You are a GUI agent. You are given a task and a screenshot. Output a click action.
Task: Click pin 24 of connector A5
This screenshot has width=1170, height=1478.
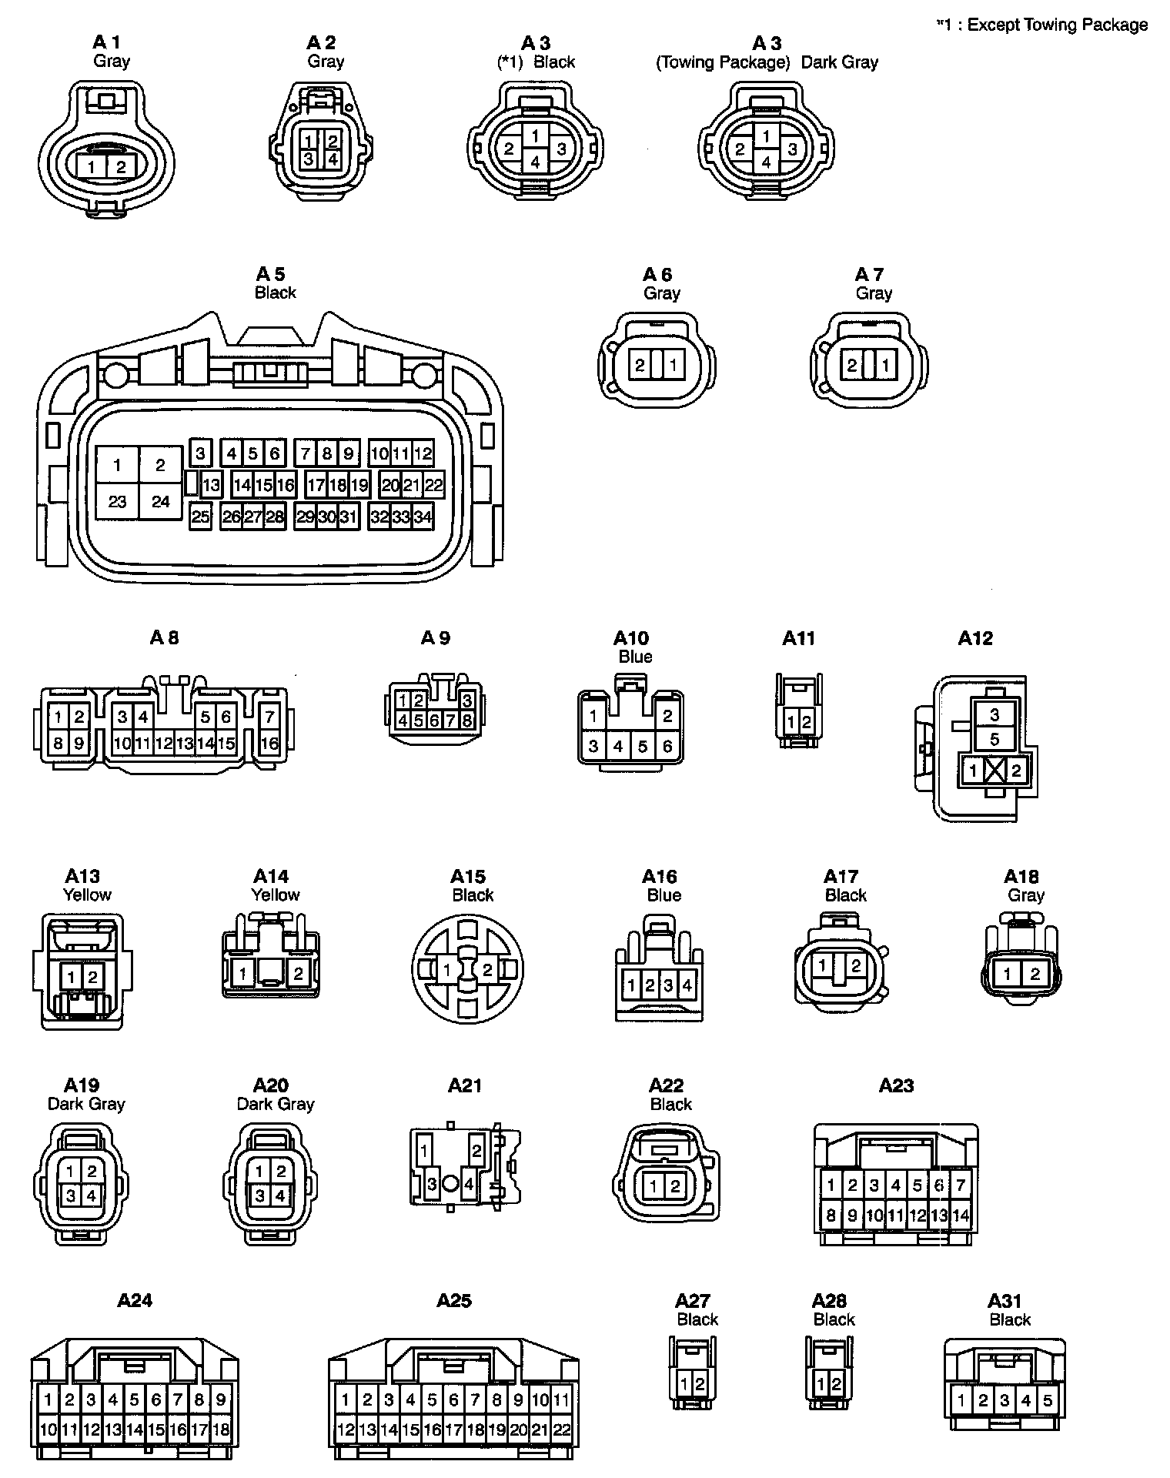pyautogui.click(x=160, y=502)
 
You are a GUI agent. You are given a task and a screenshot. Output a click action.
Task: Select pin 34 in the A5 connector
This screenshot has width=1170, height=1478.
pyautogui.click(x=423, y=517)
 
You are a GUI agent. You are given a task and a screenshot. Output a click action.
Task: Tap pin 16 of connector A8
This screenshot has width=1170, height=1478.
pyautogui.click(x=269, y=744)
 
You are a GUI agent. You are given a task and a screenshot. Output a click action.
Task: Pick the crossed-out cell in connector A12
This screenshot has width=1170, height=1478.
pyautogui.click(x=994, y=771)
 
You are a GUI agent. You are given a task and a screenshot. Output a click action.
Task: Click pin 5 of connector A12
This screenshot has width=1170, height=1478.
pyautogui.click(x=994, y=739)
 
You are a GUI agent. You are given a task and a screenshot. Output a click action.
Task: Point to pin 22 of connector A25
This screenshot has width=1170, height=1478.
pyautogui.click(x=562, y=1430)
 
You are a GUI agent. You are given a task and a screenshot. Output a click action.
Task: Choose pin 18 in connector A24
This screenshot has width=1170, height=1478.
pyautogui.click(x=221, y=1430)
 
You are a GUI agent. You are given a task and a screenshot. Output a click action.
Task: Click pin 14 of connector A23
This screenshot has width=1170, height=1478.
pyautogui.click(x=961, y=1216)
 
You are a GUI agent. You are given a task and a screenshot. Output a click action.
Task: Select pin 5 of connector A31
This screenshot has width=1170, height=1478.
pyautogui.click(x=1047, y=1400)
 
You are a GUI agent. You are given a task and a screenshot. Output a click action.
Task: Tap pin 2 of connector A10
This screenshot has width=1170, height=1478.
pyautogui.click(x=667, y=715)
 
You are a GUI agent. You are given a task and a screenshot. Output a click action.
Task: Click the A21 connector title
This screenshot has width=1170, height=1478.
pyautogui.click(x=465, y=1085)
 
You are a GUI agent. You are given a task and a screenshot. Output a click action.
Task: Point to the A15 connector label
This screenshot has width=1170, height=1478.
pyautogui.click(x=468, y=877)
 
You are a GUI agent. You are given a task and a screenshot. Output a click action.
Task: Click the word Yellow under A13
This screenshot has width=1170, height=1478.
pyautogui.click(x=87, y=894)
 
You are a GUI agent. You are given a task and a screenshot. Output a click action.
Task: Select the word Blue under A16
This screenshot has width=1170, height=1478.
pyautogui.click(x=664, y=895)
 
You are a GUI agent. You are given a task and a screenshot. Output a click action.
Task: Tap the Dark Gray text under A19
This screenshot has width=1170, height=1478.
pyautogui.click(x=86, y=1104)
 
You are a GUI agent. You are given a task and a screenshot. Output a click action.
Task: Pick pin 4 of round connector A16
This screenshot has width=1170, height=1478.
pyautogui.click(x=687, y=985)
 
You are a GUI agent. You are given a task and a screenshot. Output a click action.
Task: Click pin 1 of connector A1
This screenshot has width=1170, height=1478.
pyautogui.click(x=92, y=167)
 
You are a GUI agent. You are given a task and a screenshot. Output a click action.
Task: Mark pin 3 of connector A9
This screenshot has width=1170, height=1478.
pyautogui.click(x=467, y=701)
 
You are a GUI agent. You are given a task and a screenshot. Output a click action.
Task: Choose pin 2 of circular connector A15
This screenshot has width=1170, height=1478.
pyautogui.click(x=486, y=971)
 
